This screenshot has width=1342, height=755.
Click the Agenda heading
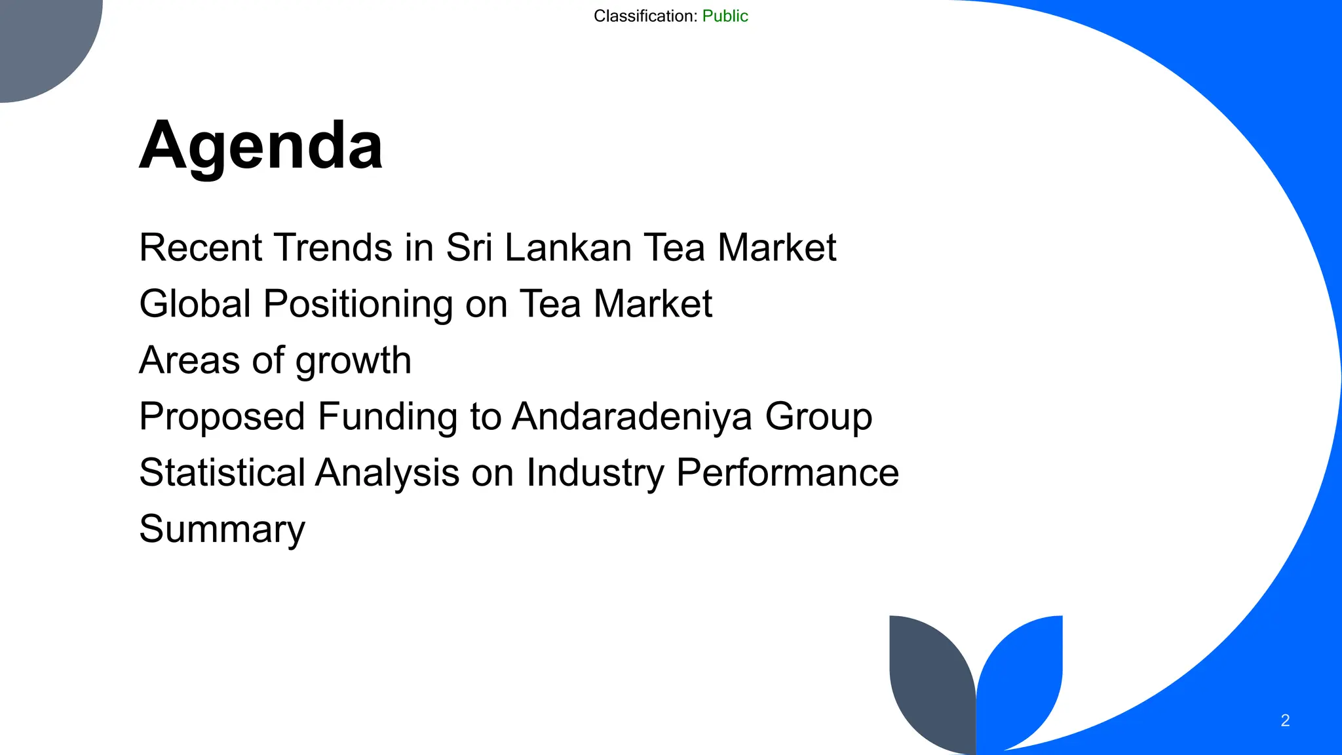click(x=261, y=145)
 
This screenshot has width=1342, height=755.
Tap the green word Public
click(x=725, y=16)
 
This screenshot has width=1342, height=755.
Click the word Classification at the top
click(x=645, y=16)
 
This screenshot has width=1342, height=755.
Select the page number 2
click(x=1285, y=720)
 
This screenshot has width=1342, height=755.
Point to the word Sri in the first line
click(x=469, y=248)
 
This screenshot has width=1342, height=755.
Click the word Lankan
click(x=568, y=248)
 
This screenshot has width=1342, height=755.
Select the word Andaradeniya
click(x=632, y=417)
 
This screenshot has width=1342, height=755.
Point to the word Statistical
click(x=222, y=473)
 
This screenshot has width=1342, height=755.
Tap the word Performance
click(x=787, y=473)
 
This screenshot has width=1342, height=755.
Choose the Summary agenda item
click(x=222, y=530)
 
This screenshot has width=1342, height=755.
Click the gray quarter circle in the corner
click(x=39, y=39)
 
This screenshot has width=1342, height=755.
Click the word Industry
click(x=594, y=474)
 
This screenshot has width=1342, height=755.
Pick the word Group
click(x=818, y=417)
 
